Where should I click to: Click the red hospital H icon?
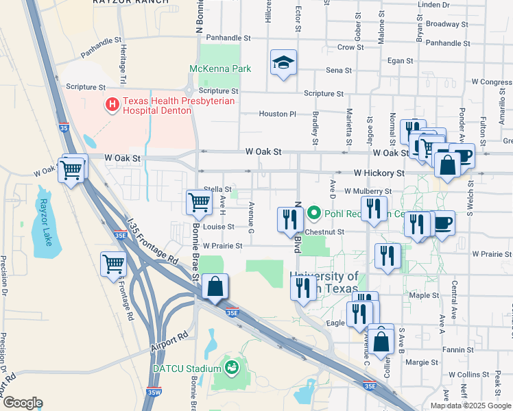point(111,105)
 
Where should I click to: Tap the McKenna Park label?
point(220,68)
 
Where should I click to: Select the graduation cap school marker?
point(283,63)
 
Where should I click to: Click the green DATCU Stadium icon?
point(233,368)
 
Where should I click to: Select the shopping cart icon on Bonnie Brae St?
point(199,201)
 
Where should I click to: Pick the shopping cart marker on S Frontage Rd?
point(113,263)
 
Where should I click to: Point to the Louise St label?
point(219,227)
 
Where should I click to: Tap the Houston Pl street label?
point(277,114)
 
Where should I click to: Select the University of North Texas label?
point(324,282)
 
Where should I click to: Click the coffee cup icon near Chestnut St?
point(442,223)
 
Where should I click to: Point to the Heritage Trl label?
point(123,60)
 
